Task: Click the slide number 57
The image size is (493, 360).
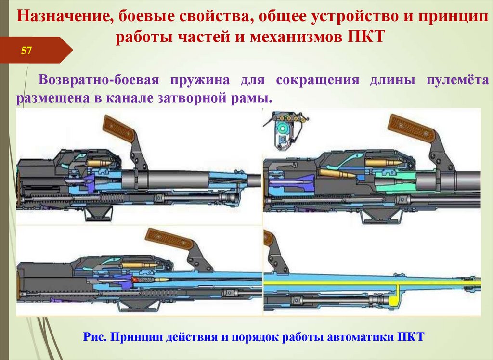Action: tap(26, 51)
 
